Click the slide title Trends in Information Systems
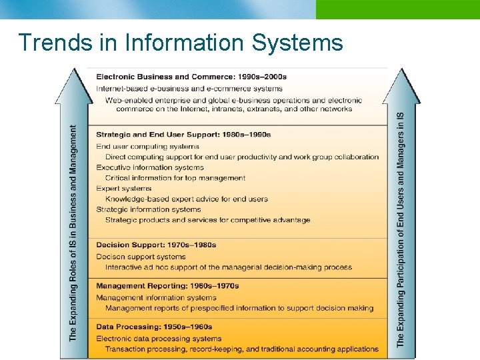click(181, 43)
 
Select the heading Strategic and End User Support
click(183, 135)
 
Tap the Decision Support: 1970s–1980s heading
click(156, 245)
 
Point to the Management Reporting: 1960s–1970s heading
click(167, 286)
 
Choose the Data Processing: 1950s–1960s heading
click(154, 327)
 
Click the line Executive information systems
click(150, 167)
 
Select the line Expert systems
click(124, 189)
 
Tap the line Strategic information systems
click(149, 209)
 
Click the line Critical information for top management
click(175, 178)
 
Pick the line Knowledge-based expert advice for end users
click(187, 199)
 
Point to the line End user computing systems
click(147, 147)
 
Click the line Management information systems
click(156, 297)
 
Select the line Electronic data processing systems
click(158, 339)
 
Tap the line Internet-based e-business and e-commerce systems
click(189, 89)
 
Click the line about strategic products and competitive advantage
click(207, 220)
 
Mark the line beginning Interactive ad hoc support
click(229, 267)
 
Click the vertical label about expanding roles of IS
click(73, 233)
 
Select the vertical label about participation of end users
click(401, 230)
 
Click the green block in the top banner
click(397, 9)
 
